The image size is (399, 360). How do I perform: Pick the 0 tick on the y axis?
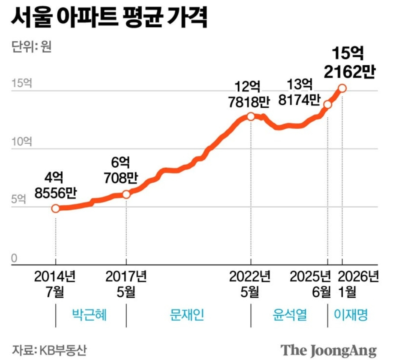[14, 258]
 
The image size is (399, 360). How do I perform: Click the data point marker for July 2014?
[56, 208]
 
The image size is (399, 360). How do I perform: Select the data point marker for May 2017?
[126, 194]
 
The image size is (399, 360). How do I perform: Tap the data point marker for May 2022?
[251, 116]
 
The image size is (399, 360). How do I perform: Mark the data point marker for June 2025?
[327, 104]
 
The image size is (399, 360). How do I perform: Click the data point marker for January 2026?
[343, 88]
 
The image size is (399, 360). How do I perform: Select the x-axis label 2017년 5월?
[126, 284]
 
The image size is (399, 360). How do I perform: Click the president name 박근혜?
[90, 315]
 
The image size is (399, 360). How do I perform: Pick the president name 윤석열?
[289, 315]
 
